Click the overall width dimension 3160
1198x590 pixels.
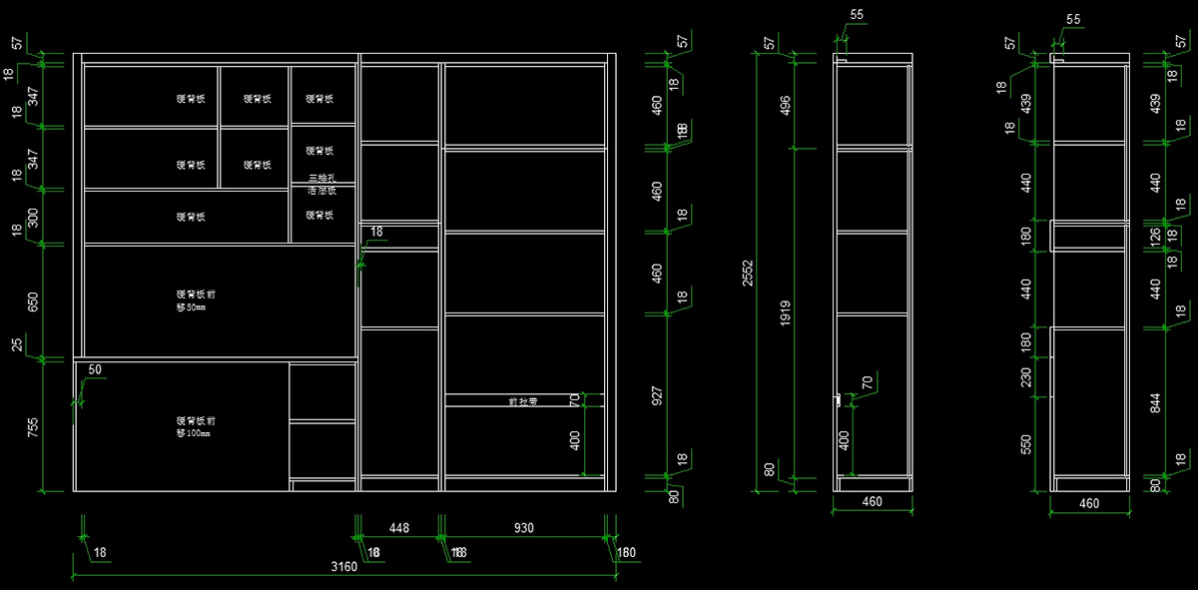pos(344,567)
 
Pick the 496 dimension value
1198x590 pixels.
pos(786,105)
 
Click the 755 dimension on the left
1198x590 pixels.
pos(33,427)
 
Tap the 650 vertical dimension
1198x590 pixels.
pos(33,302)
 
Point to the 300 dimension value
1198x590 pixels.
pos(33,218)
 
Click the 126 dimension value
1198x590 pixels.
pos(1155,237)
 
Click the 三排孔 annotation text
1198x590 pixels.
pos(321,178)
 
